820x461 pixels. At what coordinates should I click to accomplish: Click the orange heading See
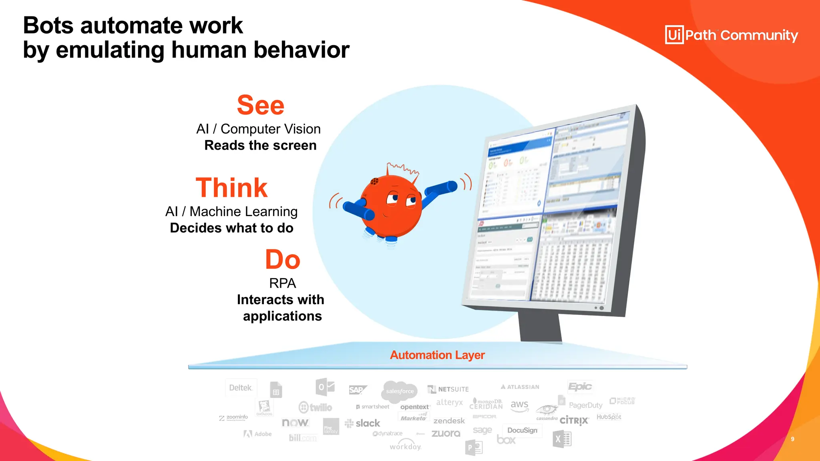coord(260,105)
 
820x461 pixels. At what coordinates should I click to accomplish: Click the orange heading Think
coord(231,188)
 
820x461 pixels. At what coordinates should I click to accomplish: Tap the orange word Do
coord(282,260)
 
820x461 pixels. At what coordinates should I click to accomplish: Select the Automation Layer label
coord(437,355)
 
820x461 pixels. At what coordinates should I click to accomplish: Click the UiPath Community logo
coord(731,35)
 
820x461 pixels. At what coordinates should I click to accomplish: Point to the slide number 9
coord(792,439)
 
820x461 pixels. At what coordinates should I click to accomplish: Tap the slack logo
coord(362,423)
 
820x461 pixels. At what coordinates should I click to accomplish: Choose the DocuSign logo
coord(522,430)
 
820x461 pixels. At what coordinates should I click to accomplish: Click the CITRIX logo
coord(574,421)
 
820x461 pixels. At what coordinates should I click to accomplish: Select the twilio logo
coord(316,407)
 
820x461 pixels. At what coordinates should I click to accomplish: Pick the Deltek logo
coord(241,387)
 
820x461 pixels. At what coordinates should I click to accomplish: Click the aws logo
coord(519,405)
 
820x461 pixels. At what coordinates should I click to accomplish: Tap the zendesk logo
coord(449,421)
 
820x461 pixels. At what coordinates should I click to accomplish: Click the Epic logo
coord(580,387)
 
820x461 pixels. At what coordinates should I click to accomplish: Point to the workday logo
coord(405,446)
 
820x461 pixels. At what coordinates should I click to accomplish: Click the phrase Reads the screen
coord(260,145)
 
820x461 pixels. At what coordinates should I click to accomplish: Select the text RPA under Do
coord(282,283)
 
